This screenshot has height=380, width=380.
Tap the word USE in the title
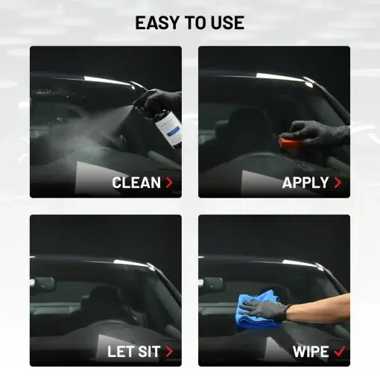point(227,22)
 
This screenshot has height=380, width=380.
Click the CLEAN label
point(136,183)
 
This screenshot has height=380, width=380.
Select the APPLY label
point(305,183)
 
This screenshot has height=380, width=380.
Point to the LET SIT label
point(133,352)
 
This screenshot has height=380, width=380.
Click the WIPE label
point(311,352)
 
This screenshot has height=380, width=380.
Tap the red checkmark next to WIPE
point(340,351)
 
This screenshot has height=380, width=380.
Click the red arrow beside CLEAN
point(169,183)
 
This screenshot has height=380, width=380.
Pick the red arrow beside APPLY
point(338,183)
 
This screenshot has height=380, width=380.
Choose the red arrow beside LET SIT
point(169,352)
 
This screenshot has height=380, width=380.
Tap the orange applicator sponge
point(286,142)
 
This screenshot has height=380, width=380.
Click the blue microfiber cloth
point(257,308)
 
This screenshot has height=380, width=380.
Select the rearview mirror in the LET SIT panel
point(44,285)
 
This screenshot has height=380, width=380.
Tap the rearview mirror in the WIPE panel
point(212,285)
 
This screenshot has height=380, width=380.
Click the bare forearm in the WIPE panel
point(320,308)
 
